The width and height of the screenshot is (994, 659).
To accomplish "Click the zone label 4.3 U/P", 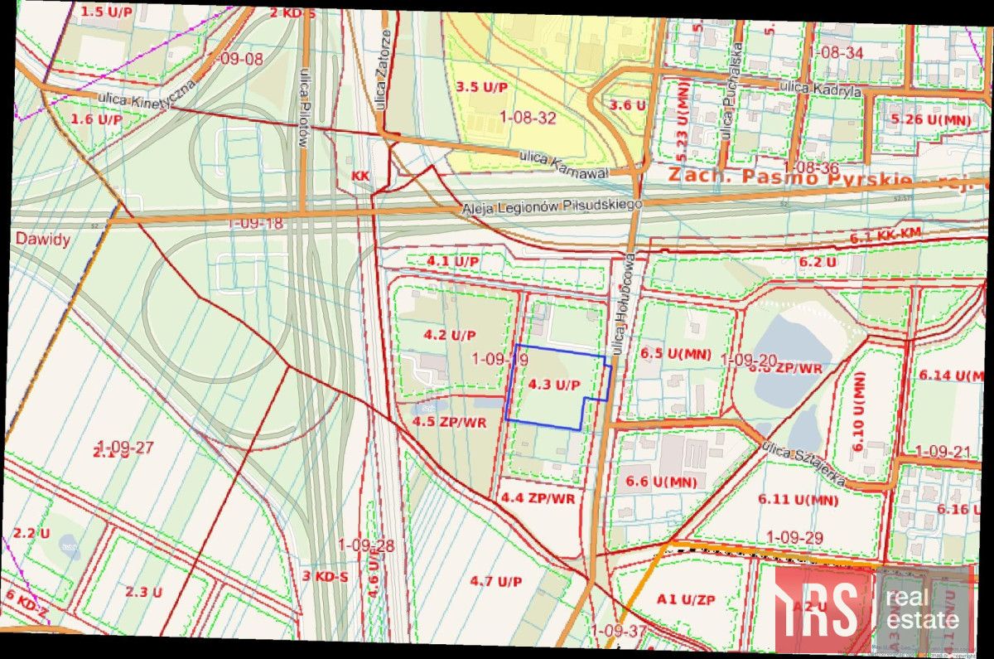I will pos(553,385).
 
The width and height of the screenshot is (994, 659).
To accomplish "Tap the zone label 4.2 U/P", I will pos(450,336).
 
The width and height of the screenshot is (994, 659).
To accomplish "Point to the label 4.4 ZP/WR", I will pos(538,497).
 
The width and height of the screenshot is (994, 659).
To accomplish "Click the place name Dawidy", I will pos(42,239).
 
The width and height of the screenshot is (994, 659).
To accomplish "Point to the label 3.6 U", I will pos(627,105).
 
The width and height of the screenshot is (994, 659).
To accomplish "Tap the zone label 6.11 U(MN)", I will pos(798,500).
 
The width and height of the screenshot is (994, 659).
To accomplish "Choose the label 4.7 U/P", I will pos(496,581).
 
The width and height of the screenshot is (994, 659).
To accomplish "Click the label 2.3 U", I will pos(143,592).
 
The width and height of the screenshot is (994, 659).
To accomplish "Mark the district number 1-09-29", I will pos(794,537).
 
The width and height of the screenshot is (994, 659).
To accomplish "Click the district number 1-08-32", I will pos(528,118).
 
